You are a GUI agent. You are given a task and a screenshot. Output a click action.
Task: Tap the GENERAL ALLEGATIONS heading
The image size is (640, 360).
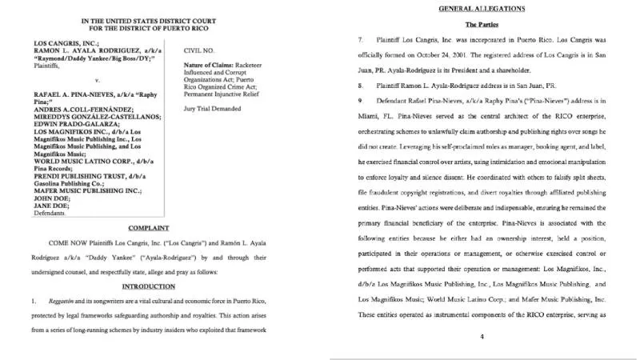482,8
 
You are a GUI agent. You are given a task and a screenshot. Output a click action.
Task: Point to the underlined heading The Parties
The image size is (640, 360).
482,24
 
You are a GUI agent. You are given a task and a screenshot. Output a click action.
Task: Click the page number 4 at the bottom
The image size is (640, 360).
482,337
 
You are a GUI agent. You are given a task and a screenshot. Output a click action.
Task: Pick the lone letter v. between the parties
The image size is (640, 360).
97,81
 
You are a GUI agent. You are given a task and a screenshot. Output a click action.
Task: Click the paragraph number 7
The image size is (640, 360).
361,39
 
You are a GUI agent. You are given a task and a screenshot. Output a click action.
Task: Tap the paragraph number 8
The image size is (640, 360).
361,85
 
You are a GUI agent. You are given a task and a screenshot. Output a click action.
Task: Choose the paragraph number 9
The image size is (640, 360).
361,101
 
